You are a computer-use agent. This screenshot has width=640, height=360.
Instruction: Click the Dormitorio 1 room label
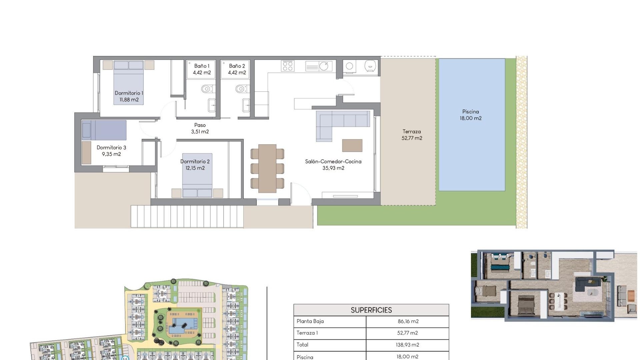(x=129, y=96)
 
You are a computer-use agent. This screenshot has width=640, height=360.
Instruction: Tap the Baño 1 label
(x=202, y=69)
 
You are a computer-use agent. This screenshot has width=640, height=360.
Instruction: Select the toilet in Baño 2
(x=241, y=89)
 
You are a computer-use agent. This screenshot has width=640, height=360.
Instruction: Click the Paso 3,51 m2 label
(x=200, y=128)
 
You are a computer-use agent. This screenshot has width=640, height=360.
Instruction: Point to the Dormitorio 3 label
(x=111, y=151)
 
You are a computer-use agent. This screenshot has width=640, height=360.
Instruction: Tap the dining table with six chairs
(x=267, y=168)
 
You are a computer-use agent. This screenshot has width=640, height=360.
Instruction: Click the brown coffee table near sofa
(x=352, y=146)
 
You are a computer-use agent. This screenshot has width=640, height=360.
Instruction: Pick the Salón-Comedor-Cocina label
(x=333, y=165)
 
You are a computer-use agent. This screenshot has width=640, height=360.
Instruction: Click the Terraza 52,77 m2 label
(x=412, y=135)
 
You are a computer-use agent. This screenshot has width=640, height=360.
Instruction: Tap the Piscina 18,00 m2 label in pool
(x=471, y=115)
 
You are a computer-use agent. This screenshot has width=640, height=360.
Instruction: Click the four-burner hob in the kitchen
(x=288, y=66)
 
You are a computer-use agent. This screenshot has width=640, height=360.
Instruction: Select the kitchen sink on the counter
(x=323, y=66)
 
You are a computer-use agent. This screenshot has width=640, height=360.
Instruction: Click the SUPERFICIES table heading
(x=371, y=310)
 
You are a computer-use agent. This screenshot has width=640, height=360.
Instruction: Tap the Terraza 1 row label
(x=307, y=333)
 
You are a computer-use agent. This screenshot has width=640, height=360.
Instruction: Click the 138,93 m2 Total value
(x=407, y=345)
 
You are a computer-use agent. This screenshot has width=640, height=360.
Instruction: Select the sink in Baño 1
(x=212, y=105)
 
